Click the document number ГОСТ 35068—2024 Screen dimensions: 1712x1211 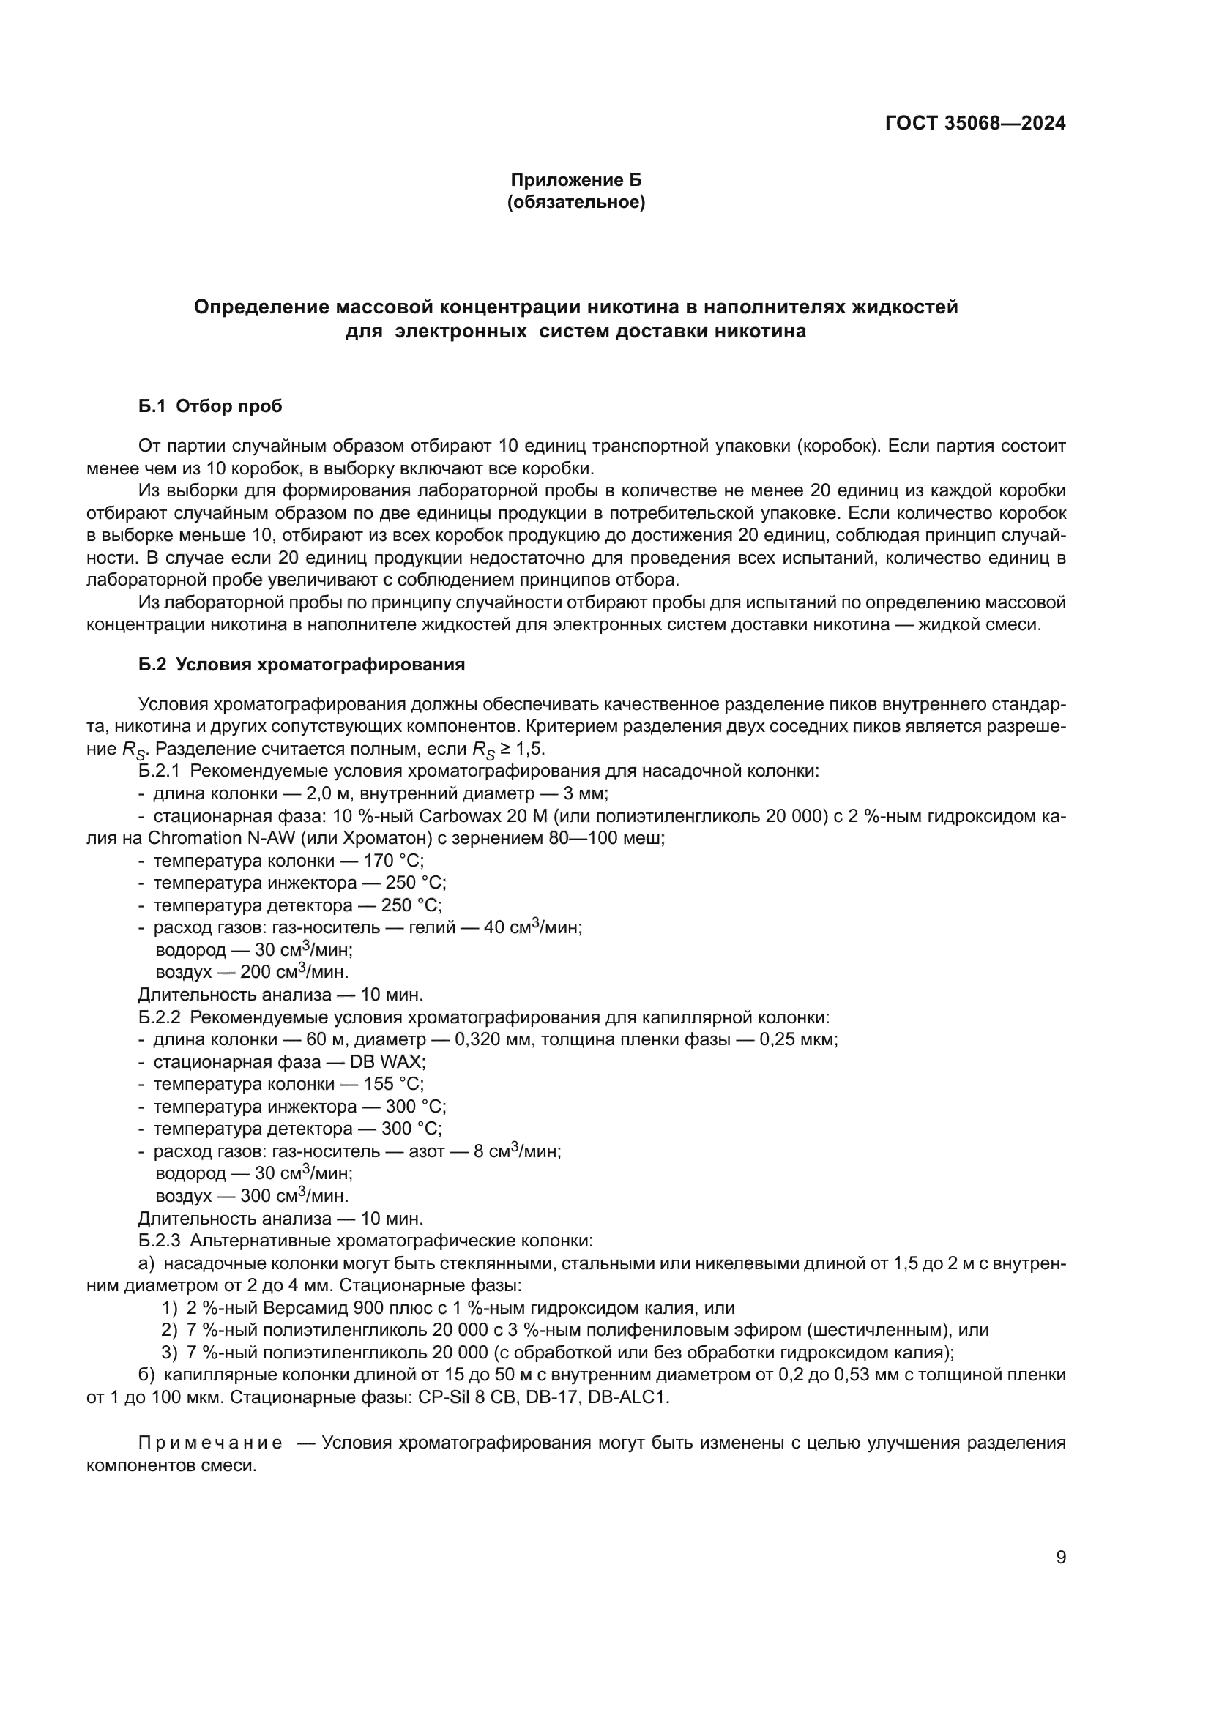coord(975,123)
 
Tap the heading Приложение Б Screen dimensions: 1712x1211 coord(575,180)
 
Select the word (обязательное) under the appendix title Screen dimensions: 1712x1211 coord(575,202)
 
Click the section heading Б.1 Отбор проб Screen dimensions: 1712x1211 coord(210,406)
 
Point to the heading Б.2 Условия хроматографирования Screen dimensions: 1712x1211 coord(301,665)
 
